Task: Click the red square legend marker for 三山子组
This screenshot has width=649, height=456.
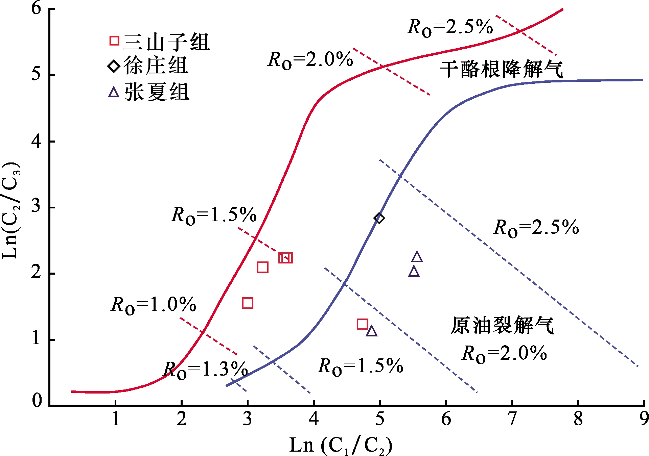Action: click(x=114, y=41)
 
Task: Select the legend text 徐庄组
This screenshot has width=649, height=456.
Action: click(x=156, y=66)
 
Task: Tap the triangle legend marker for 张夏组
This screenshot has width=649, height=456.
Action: click(x=114, y=92)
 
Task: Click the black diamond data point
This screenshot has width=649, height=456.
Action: click(x=379, y=218)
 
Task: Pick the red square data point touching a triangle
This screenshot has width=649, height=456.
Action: click(x=363, y=324)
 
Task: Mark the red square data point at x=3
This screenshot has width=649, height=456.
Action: click(x=248, y=303)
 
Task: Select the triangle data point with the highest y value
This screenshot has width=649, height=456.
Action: click(x=417, y=257)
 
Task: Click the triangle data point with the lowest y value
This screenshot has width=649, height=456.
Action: click(x=372, y=331)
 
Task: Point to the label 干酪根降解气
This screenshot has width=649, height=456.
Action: click(x=501, y=69)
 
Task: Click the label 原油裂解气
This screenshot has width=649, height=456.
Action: click(x=502, y=326)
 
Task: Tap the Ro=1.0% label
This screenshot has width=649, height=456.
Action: click(x=153, y=305)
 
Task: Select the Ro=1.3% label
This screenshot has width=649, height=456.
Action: click(x=205, y=370)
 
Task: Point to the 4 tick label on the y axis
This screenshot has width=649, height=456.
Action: click(x=36, y=141)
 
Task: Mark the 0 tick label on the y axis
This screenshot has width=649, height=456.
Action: click(x=37, y=401)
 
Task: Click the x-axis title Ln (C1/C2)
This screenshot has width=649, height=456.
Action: click(x=341, y=446)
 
